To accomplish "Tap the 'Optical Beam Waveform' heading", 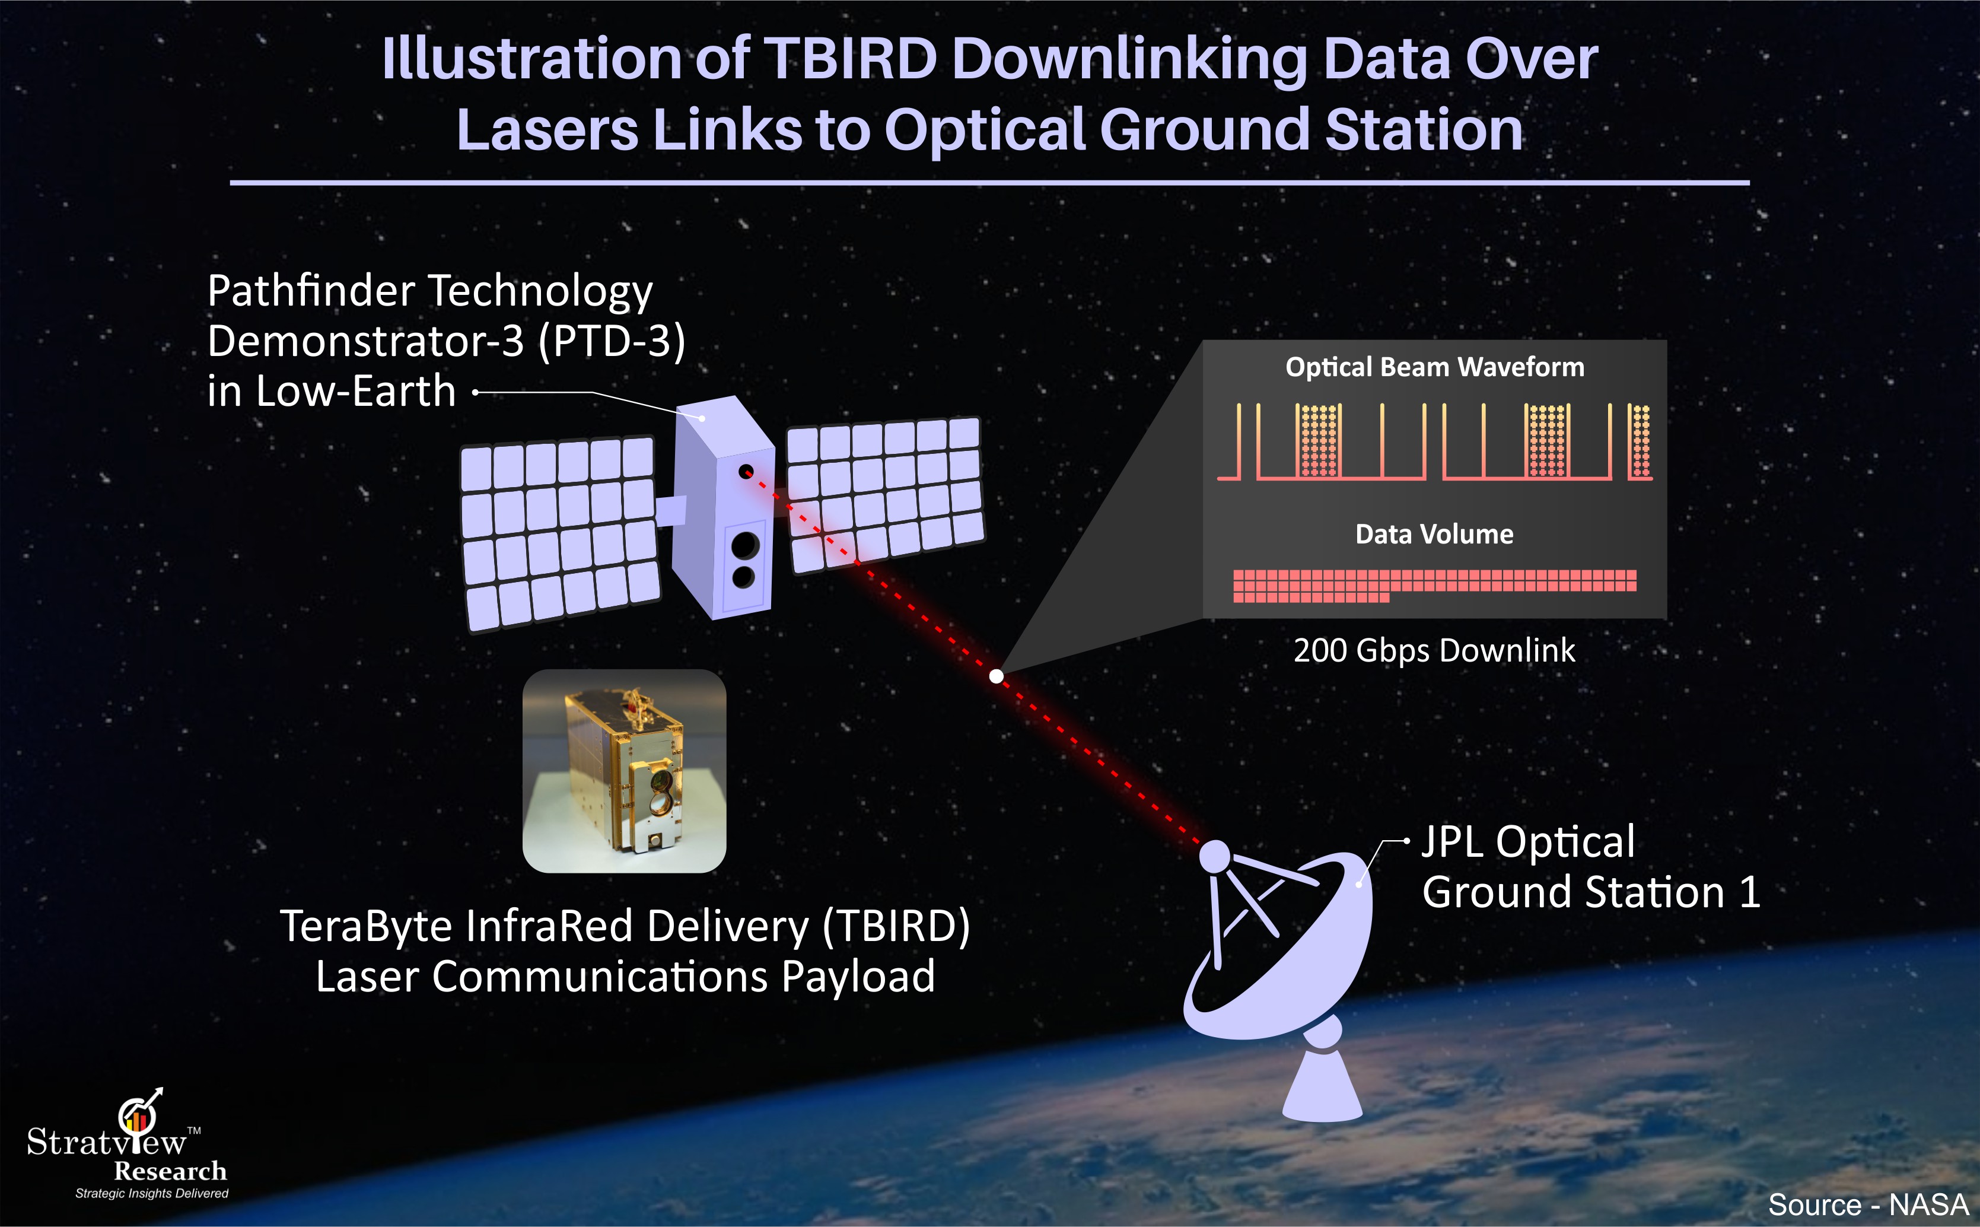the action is click(x=1434, y=367).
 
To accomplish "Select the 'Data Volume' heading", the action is click(x=1434, y=534).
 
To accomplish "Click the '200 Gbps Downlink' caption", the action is click(x=1434, y=650).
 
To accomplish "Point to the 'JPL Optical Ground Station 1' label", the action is click(x=1591, y=867).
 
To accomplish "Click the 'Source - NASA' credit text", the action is click(x=1868, y=1204).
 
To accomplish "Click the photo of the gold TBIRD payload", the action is click(x=624, y=771).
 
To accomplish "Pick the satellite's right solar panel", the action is click(x=885, y=494).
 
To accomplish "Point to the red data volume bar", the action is click(x=1434, y=585).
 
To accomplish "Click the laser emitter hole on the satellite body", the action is click(x=746, y=472).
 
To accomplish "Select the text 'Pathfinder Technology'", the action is click(x=430, y=291).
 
